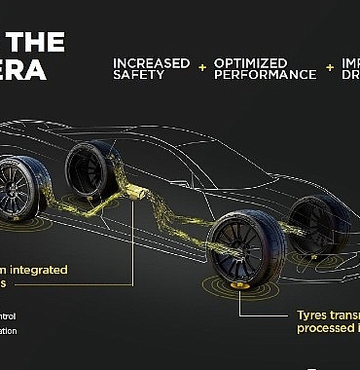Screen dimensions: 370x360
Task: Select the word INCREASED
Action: pos(151,62)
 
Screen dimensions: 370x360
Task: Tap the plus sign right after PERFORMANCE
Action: pos(331,68)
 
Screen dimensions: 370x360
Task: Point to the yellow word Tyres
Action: pos(313,315)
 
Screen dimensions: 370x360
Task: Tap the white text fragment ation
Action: pos(8,331)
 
